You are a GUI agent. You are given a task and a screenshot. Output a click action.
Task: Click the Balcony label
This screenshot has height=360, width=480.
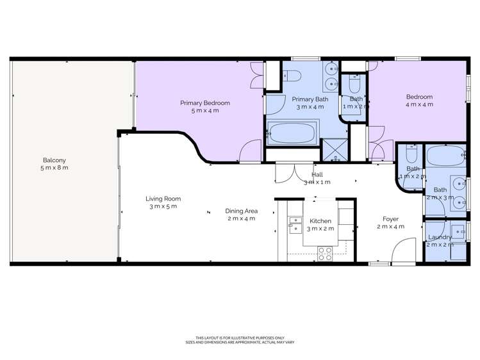(54, 160)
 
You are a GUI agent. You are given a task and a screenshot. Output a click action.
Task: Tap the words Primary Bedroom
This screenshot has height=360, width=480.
(204, 102)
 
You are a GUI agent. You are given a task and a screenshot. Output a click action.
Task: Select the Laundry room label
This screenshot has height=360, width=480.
(440, 237)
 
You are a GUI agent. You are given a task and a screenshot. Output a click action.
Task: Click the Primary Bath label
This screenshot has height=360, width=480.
(310, 99)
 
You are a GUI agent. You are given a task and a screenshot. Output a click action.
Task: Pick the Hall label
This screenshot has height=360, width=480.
(317, 174)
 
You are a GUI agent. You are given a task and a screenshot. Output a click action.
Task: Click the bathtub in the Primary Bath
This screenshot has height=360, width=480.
(292, 135)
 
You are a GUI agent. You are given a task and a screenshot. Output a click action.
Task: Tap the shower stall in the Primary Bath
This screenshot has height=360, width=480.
(334, 147)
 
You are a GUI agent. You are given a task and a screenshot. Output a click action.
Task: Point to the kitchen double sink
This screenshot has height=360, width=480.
(295, 225)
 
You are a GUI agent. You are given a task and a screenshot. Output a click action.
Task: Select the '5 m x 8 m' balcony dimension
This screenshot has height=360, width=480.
(54, 168)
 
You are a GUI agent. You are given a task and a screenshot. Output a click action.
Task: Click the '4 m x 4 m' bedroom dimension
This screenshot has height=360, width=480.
(420, 104)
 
